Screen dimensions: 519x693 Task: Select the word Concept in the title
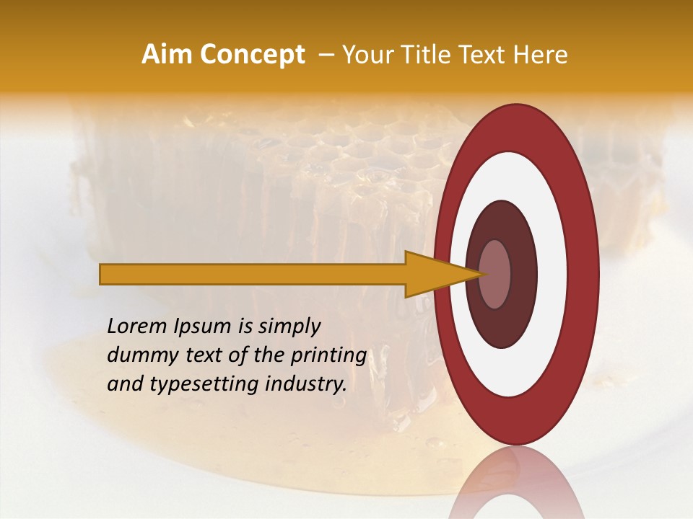pos(253,55)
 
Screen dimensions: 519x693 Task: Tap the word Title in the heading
pos(437,55)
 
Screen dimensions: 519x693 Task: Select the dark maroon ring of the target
pos(523,274)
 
